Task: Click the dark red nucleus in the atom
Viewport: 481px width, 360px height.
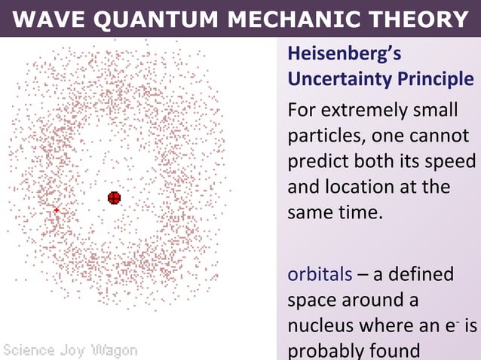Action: coord(114,198)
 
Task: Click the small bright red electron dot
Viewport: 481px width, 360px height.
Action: coord(57,210)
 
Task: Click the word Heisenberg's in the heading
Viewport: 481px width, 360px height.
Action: coord(344,55)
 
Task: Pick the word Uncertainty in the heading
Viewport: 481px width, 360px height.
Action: coord(337,79)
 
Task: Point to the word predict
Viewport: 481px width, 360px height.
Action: coord(320,162)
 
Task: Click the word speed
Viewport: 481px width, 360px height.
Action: coord(455,162)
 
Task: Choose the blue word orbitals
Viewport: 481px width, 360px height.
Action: coord(320,273)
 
